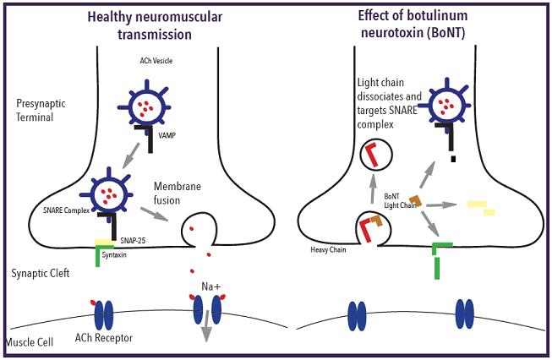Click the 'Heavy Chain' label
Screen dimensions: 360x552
(x=329, y=250)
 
